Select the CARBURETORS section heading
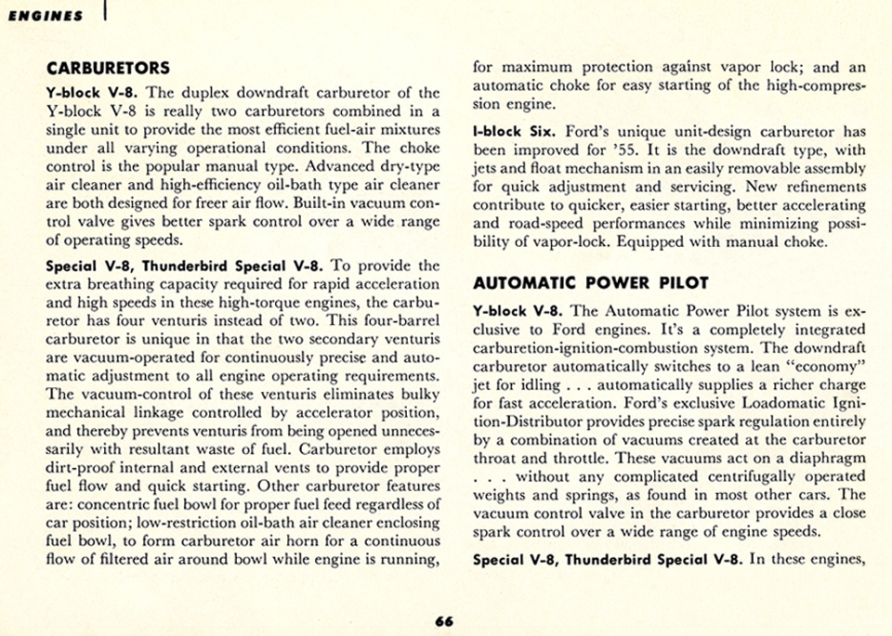[108, 68]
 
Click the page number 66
[444, 621]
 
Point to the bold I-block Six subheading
[512, 133]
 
